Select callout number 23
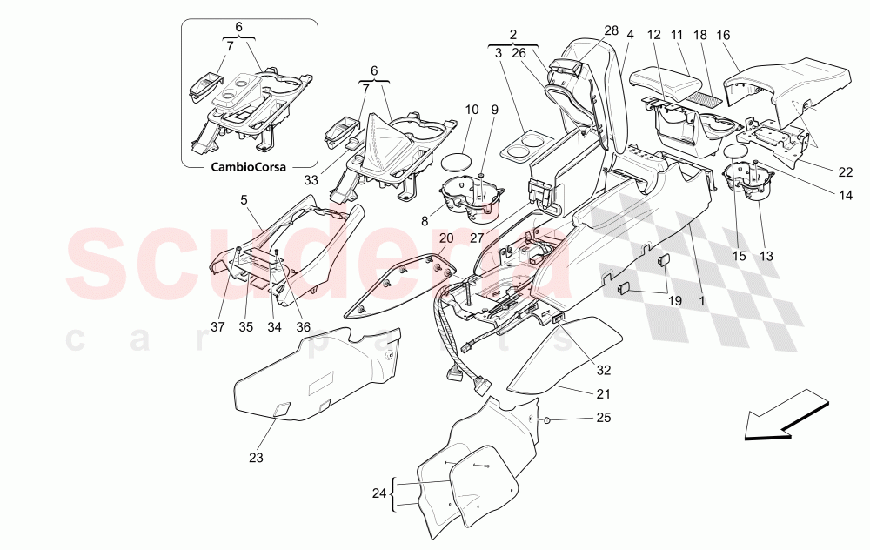coord(256,457)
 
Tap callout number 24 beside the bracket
coord(378,493)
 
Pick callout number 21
coord(604,393)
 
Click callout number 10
coord(472,111)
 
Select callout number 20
coord(446,238)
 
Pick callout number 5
coord(244,199)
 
